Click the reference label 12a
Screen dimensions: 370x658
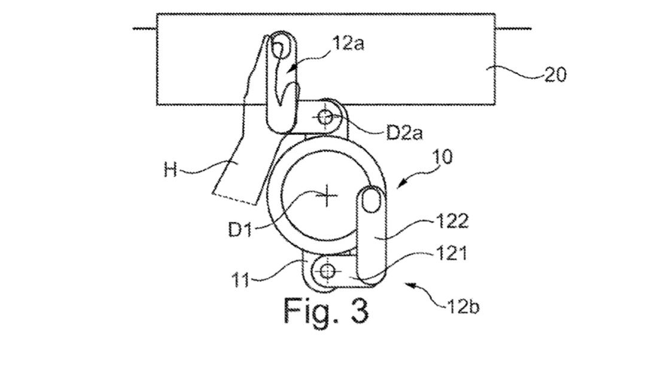coord(345,45)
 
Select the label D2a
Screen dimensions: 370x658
coord(404,132)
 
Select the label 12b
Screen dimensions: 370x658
coord(462,308)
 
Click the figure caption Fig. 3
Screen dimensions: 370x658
coord(325,310)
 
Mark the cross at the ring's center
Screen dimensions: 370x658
coord(327,195)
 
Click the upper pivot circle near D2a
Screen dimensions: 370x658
coord(325,116)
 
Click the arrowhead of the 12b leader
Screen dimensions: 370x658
coord(409,283)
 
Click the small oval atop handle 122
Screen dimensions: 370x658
coord(371,200)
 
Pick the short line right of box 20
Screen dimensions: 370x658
coord(513,28)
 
